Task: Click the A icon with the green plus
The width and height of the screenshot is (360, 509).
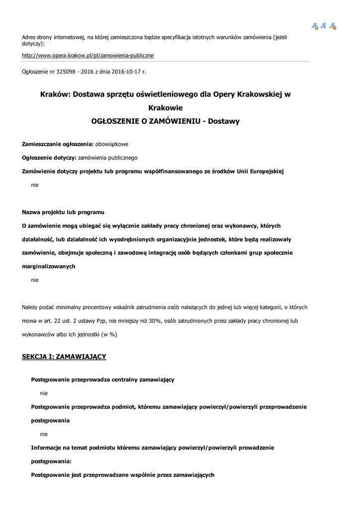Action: pyautogui.click(x=314, y=26)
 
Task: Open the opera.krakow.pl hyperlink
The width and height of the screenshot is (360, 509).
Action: pyautogui.click(x=88, y=55)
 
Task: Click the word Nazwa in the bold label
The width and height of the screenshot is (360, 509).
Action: pyautogui.click(x=31, y=212)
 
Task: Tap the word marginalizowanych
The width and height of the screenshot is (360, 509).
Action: pyautogui.click(x=49, y=266)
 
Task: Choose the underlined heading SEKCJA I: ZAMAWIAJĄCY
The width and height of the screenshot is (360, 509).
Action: pyautogui.click(x=64, y=356)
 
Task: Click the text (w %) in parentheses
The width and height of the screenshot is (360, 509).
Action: pyautogui.click(x=109, y=334)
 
